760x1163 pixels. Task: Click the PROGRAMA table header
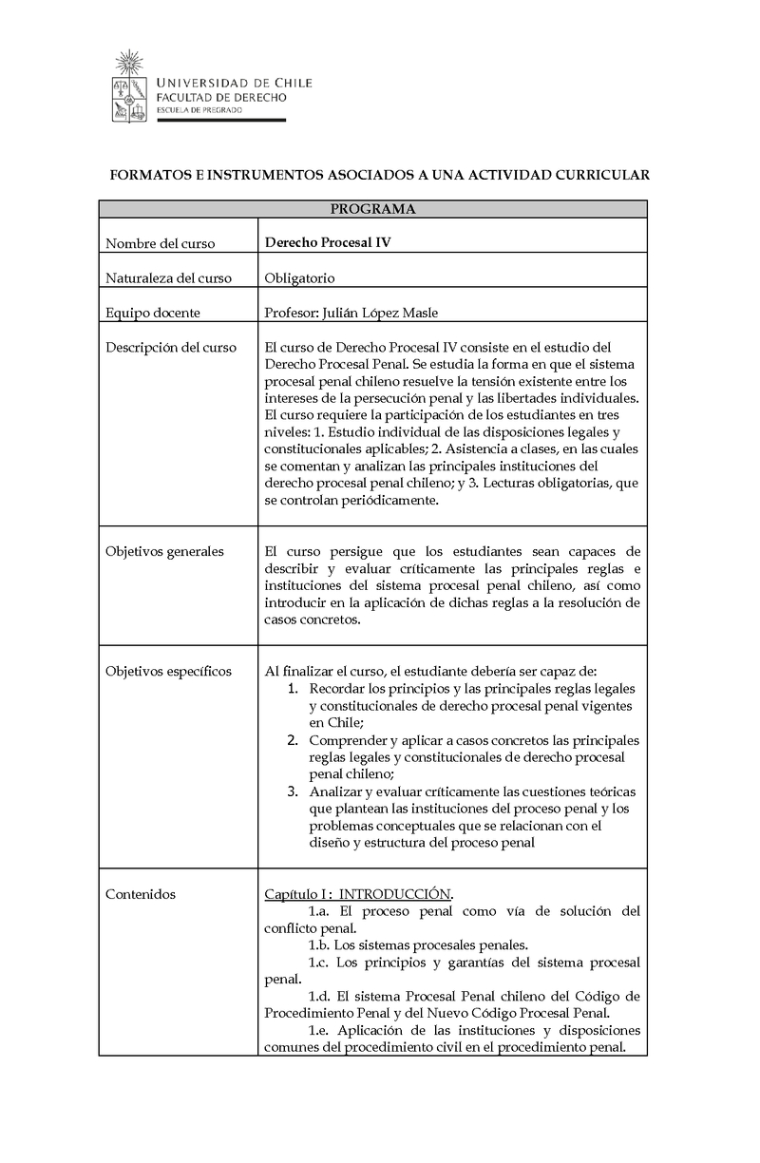[x=372, y=209]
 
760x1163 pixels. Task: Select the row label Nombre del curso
[x=160, y=243]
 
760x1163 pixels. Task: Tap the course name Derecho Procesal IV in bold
[x=328, y=242]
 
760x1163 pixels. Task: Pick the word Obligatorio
[x=299, y=278]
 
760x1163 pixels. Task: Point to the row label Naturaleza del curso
[x=168, y=278]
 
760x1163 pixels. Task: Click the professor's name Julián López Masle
[x=380, y=313]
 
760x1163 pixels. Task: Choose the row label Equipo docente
[x=153, y=313]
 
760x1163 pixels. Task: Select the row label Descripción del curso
[x=171, y=348]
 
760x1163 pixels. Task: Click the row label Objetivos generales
[x=164, y=551]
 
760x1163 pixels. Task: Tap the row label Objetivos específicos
[x=168, y=672]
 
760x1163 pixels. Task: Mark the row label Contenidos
[x=141, y=894]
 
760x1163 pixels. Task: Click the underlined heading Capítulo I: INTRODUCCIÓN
[x=358, y=894]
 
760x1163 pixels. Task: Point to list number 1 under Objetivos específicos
[x=294, y=689]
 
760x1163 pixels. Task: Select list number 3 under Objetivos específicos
[x=294, y=791]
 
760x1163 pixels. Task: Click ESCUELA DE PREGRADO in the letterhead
[x=199, y=111]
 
